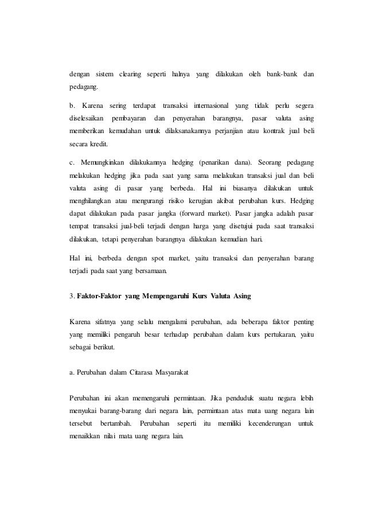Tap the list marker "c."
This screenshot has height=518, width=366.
click(72, 162)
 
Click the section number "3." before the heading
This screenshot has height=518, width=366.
click(71, 296)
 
